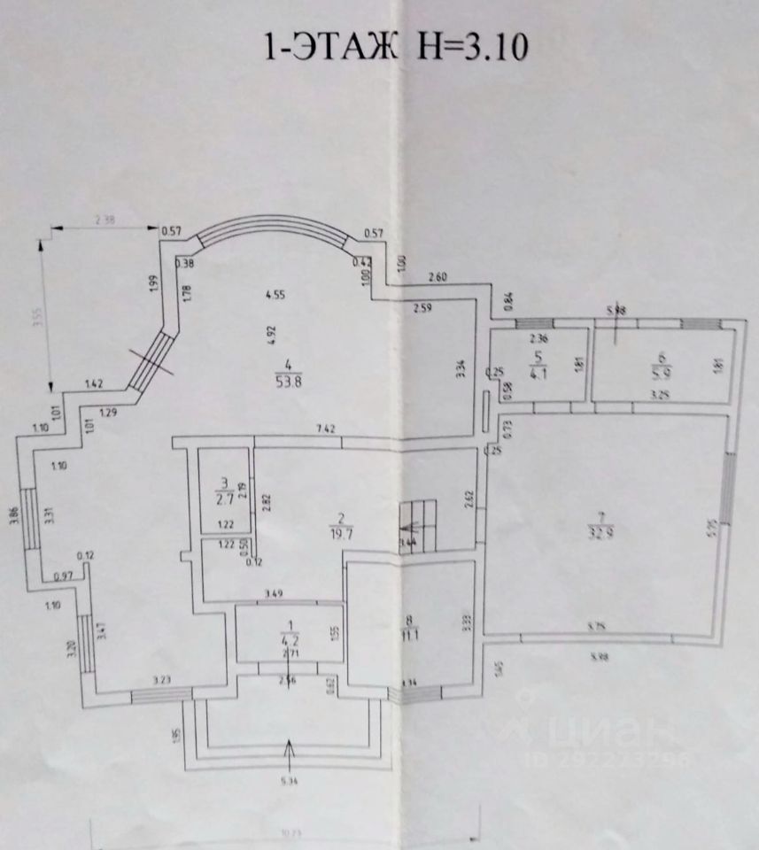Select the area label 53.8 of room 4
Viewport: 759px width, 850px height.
pyautogui.click(x=287, y=383)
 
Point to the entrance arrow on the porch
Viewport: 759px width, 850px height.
pyautogui.click(x=288, y=752)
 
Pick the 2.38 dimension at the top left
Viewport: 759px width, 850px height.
pyautogui.click(x=109, y=220)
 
